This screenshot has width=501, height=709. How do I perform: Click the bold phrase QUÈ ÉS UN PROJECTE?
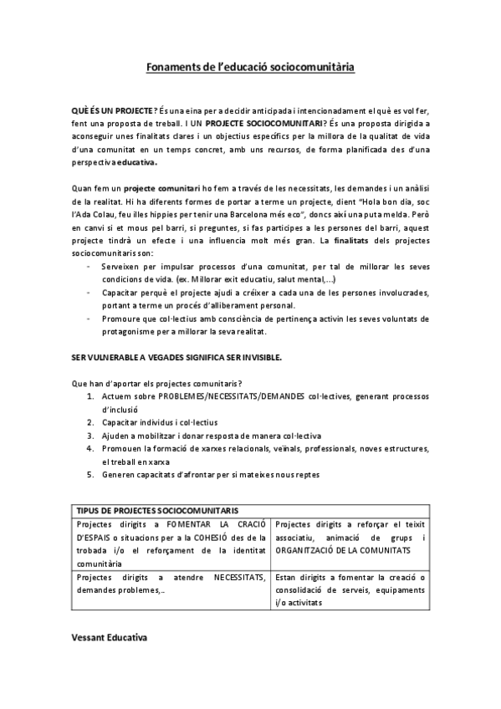[110, 110]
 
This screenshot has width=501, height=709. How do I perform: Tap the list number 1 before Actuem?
[89, 395]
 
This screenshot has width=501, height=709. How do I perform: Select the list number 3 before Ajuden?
[89, 436]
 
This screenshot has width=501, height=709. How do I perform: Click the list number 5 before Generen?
[89, 475]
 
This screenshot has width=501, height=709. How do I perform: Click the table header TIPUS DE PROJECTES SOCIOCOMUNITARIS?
[157, 509]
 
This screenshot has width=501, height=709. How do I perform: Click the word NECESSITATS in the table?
[239, 577]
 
